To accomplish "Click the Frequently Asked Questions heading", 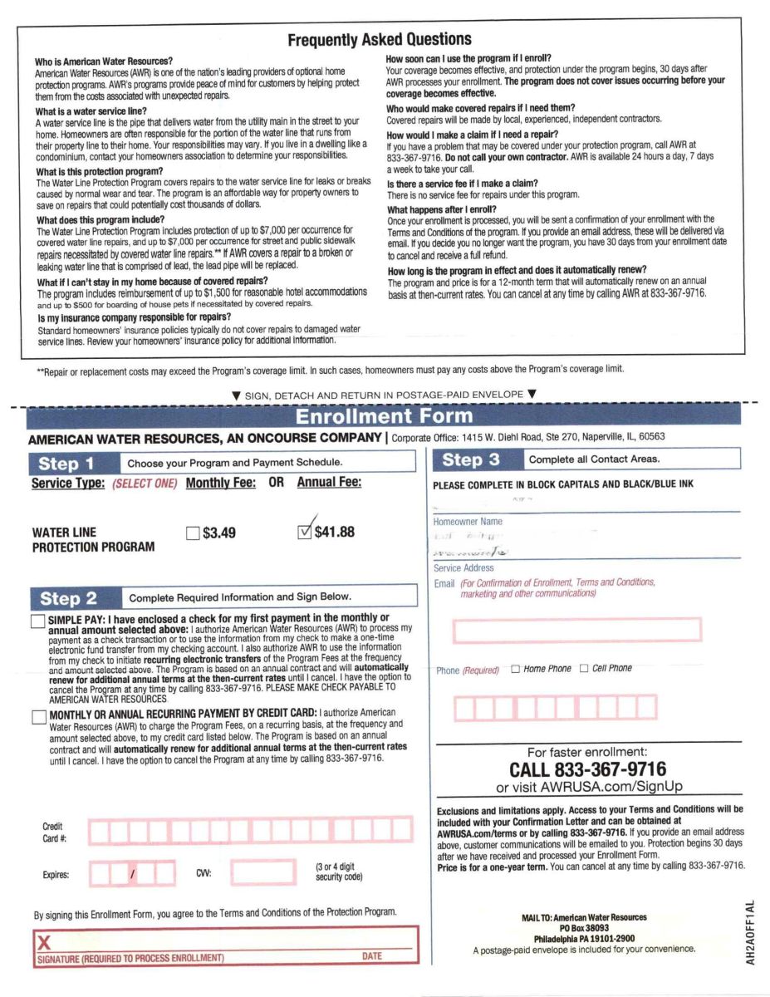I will pos(379,39).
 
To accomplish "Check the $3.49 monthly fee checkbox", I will pos(194,533).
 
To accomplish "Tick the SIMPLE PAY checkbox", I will pos(38,621).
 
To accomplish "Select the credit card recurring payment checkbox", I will pos(38,717).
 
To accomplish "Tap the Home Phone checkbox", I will pos(516,668).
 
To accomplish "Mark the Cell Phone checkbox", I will pos(583,668).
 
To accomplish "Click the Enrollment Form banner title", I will pos(384,416).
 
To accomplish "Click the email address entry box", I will pos(576,631).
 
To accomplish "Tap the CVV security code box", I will pos(263,873).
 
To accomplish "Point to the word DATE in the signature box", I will pos(372,957).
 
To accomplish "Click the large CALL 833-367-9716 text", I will pos(587,770).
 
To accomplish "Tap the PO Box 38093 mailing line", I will pos(584,928).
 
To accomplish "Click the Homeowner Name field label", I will pos(468,522).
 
